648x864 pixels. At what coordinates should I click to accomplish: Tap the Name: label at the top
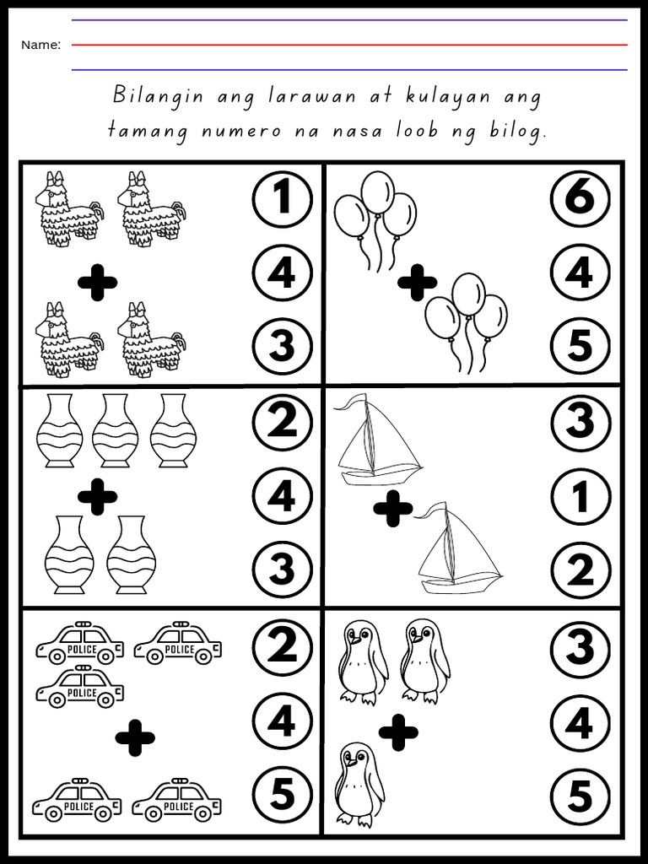click(40, 45)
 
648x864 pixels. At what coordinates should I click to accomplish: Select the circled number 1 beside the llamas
click(282, 199)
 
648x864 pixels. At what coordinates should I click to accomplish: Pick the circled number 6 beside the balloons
click(580, 199)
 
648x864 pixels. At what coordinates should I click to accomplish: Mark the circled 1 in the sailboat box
click(580, 496)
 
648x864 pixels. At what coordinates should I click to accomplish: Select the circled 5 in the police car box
click(282, 794)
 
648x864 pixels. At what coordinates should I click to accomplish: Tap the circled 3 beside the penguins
click(580, 648)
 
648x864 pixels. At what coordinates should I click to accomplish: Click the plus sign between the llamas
click(97, 283)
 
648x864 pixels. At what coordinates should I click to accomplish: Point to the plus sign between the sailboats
click(393, 508)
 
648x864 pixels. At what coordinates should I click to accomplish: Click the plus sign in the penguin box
click(398, 732)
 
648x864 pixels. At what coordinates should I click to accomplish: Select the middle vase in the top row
click(116, 429)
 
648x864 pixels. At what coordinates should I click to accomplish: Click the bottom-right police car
click(177, 800)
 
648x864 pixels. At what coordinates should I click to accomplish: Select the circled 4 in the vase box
click(282, 496)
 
